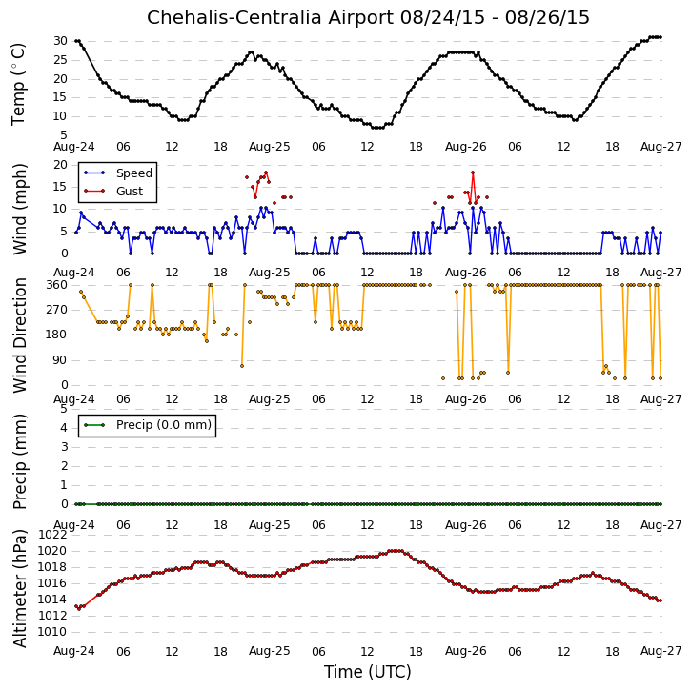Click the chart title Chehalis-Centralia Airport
pos(270,17)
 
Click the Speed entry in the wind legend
pos(134,173)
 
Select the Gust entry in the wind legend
pos(130,192)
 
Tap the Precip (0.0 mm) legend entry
pos(164,425)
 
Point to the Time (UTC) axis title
pos(368,672)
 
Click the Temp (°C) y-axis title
pos(18,84)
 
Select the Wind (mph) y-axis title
pos(20,210)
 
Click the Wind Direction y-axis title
pos(20,335)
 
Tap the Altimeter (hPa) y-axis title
pos(20,588)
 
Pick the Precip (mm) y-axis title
pos(20,462)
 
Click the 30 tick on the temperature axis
pos(60,41)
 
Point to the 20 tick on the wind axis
pos(60,165)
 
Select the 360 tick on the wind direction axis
pos(57,285)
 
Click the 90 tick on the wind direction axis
pos(60,360)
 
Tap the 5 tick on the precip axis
pos(64,409)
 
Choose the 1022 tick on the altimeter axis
pos(52,535)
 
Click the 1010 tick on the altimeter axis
pos(52,632)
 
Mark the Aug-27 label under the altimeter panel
pos(661,651)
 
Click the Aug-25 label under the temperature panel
pos(270,147)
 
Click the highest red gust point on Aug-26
pos(473,173)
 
